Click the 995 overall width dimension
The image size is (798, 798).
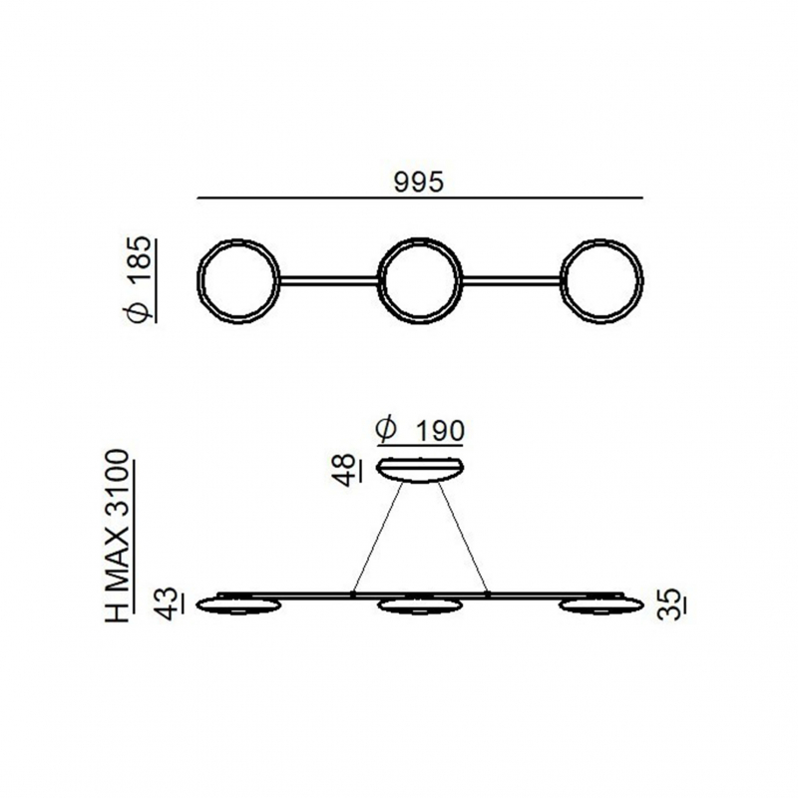419,182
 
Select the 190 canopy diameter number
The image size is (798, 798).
440,431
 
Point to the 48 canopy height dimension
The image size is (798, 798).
346,470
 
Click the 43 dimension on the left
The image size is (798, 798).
167,603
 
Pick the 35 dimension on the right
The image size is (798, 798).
667,604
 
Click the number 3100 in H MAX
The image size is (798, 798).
118,475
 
